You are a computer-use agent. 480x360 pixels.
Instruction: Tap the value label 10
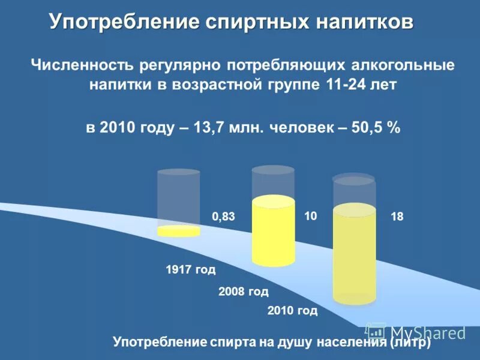pyautogui.click(x=310, y=215)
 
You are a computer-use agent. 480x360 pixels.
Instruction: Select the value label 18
pyautogui.click(x=397, y=217)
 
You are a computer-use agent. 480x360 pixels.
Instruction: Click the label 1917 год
pyautogui.click(x=190, y=270)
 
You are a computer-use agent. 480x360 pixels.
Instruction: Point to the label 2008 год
pyautogui.click(x=243, y=292)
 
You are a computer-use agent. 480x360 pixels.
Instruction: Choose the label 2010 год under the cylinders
pyautogui.click(x=292, y=311)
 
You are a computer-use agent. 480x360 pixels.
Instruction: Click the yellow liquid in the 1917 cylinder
pyautogui.click(x=178, y=231)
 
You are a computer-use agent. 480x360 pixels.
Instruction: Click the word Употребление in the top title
pyautogui.click(x=122, y=22)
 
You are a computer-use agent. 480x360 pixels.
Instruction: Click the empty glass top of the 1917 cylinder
pyautogui.click(x=178, y=195)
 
